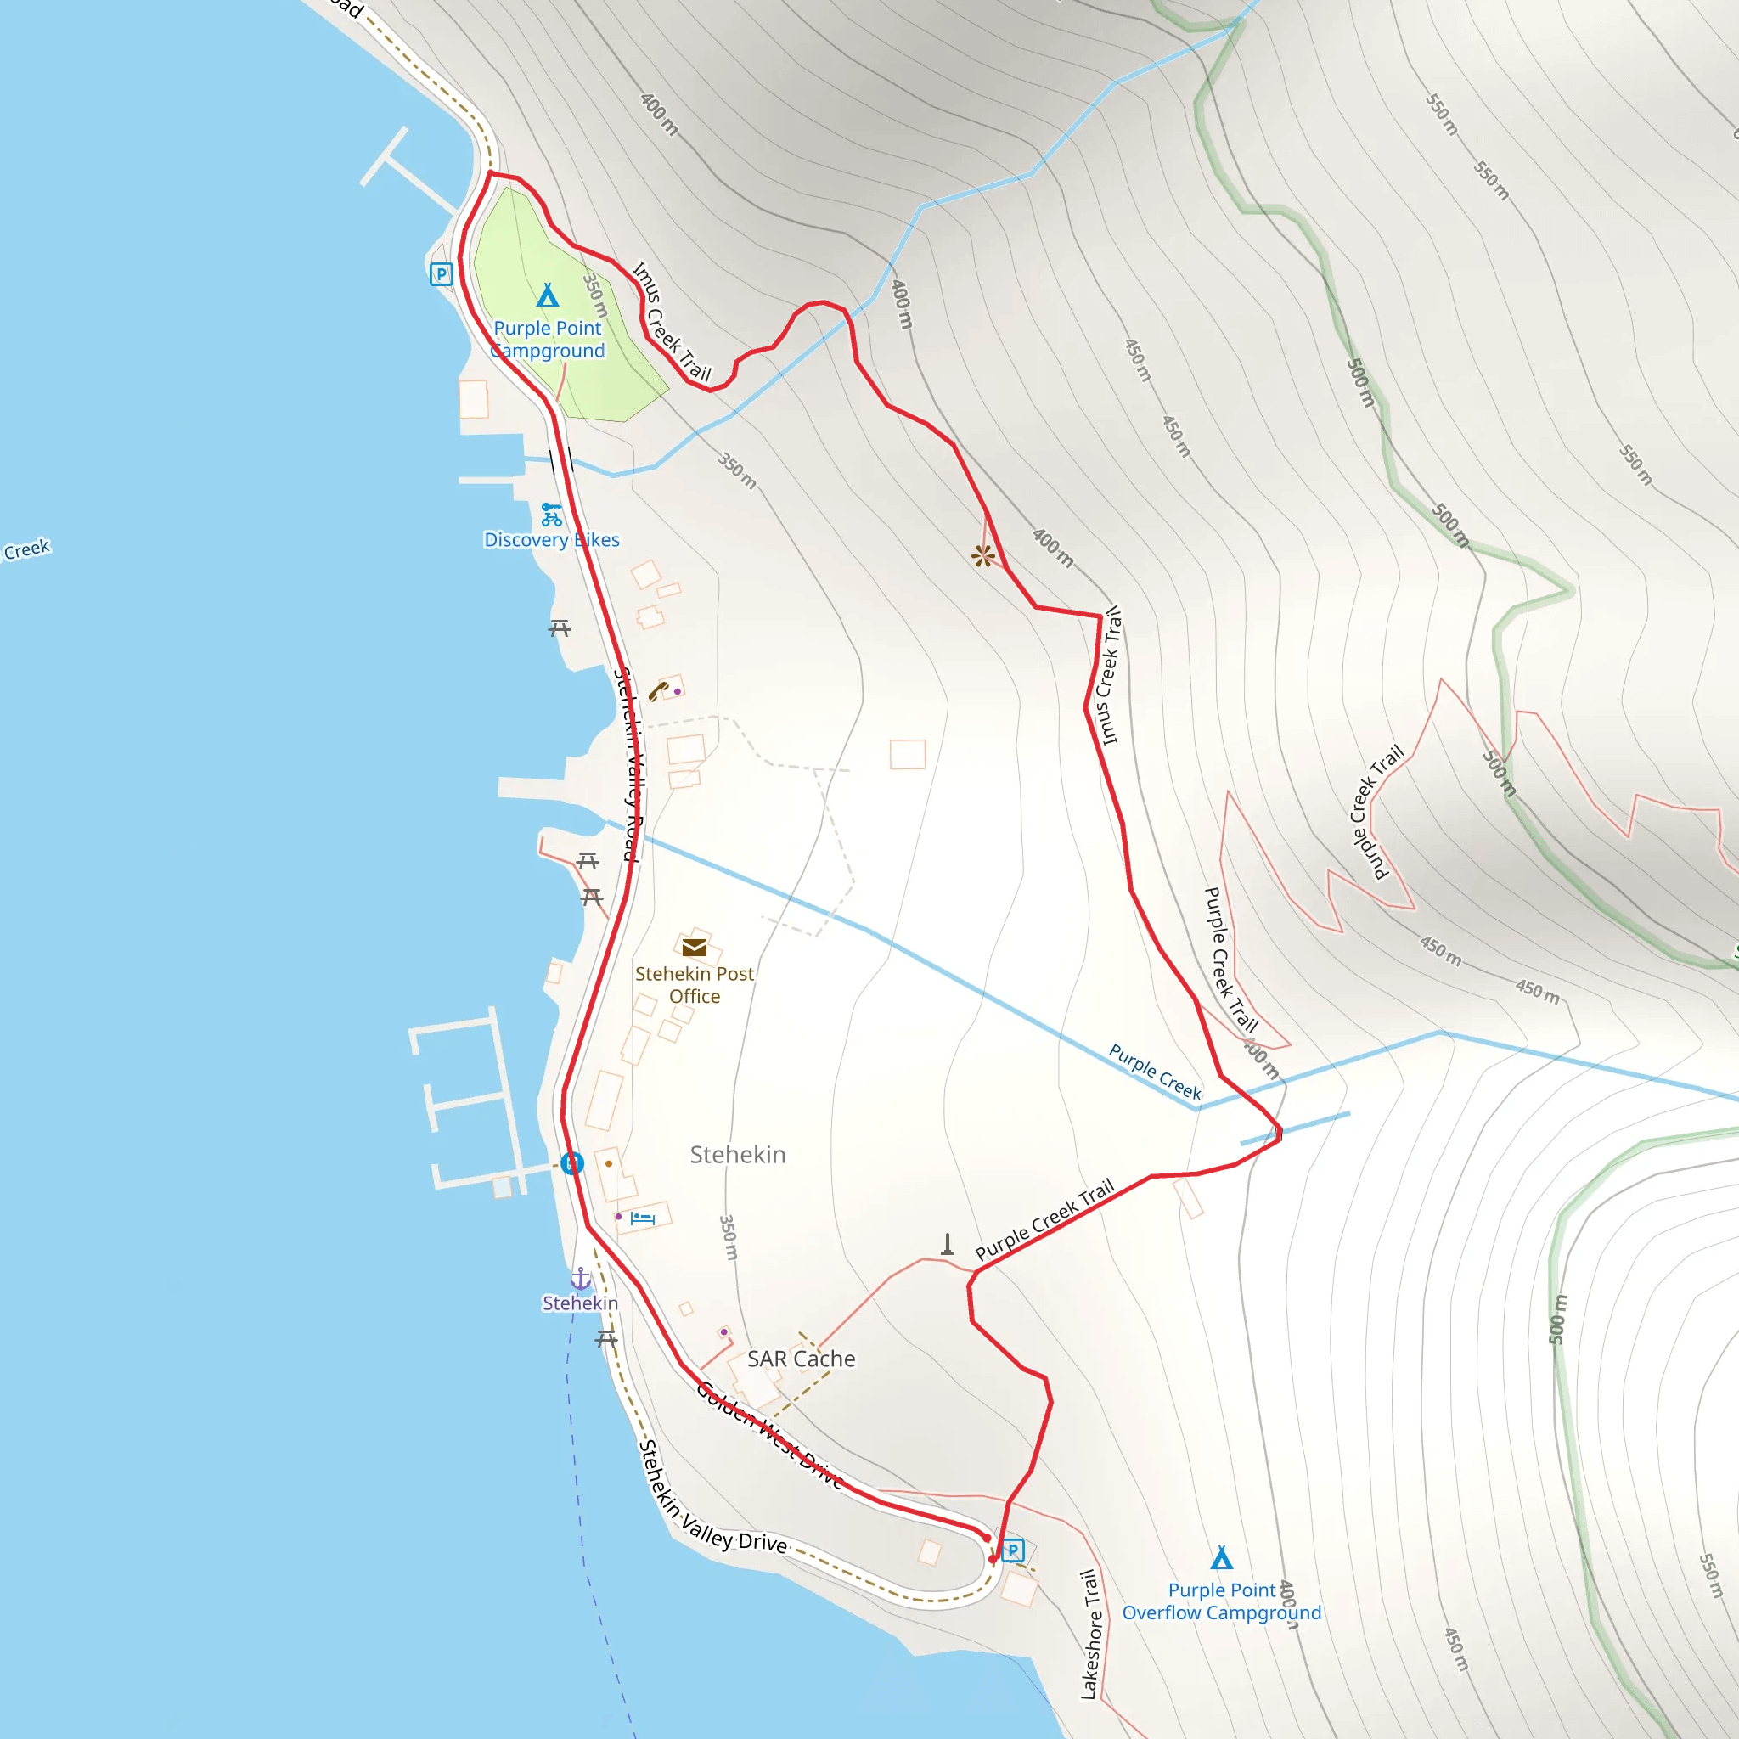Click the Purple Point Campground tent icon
coord(548,295)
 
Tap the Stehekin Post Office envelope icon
coord(694,947)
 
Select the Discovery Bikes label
coord(552,540)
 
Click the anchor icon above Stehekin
coord(582,1278)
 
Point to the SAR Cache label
coord(801,1359)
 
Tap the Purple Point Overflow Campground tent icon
coord(1221,1558)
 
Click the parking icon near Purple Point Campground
coord(441,273)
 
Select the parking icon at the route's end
coord(1014,1550)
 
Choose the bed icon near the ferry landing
coord(643,1218)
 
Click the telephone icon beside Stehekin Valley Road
coord(658,691)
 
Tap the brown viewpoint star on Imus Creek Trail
coord(983,556)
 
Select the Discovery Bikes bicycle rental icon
coord(552,515)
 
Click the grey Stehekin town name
coord(738,1155)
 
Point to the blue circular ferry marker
coord(572,1164)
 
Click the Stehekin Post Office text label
coord(694,985)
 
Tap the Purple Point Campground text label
coord(549,340)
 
